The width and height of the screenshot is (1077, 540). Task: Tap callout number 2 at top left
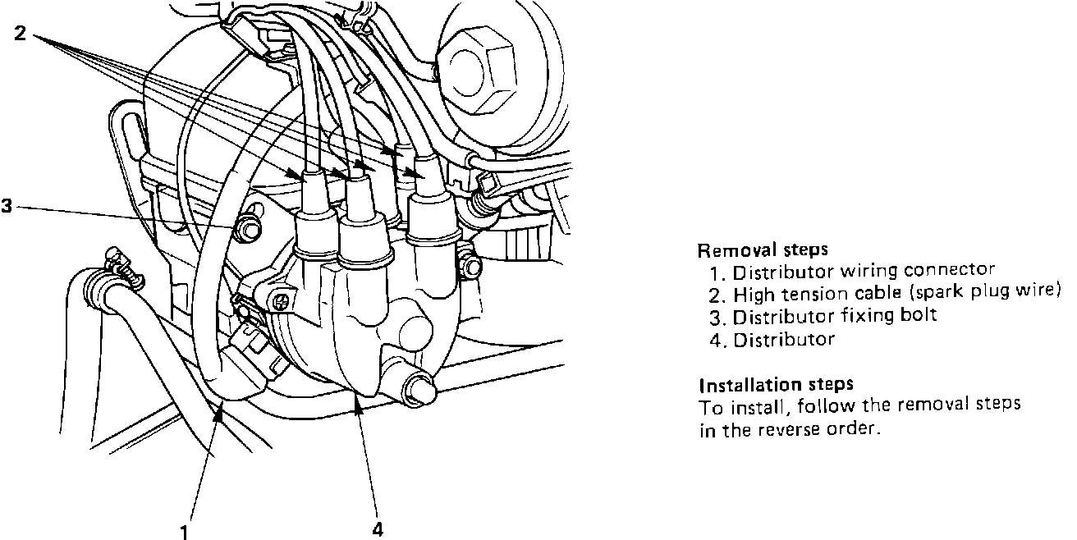coord(20,34)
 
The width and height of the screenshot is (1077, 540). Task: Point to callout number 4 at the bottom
coord(378,529)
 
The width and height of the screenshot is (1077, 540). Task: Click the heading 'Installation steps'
coord(776,384)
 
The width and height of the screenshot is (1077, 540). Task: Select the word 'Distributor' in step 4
coord(783,339)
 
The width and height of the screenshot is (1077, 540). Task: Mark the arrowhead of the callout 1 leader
coord(218,414)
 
